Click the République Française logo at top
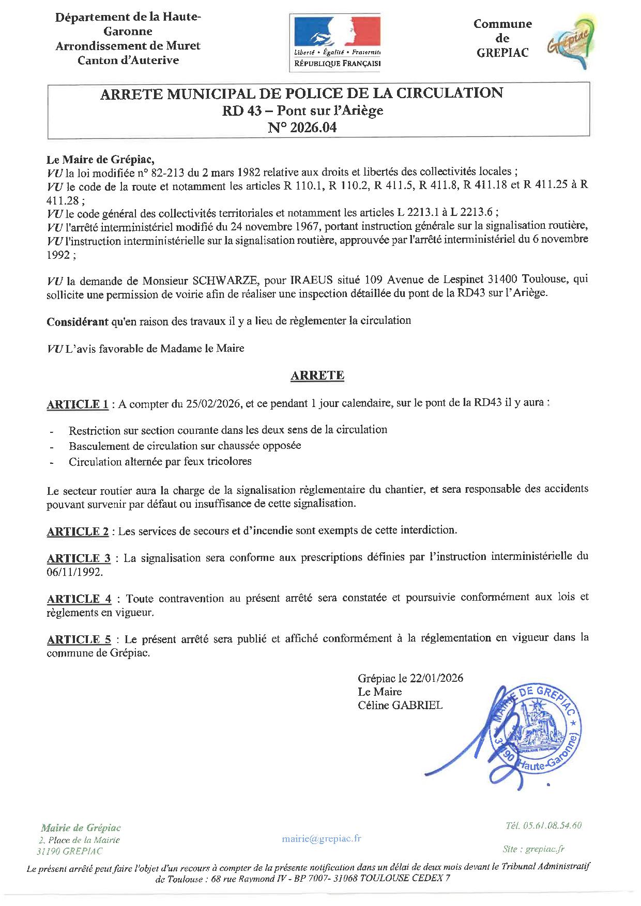337,41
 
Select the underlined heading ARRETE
317,376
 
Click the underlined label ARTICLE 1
78,404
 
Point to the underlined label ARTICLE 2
78,532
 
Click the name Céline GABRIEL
400,706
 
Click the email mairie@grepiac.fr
321,838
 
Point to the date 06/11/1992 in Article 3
74,572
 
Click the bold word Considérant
78,321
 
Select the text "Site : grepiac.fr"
533,849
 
